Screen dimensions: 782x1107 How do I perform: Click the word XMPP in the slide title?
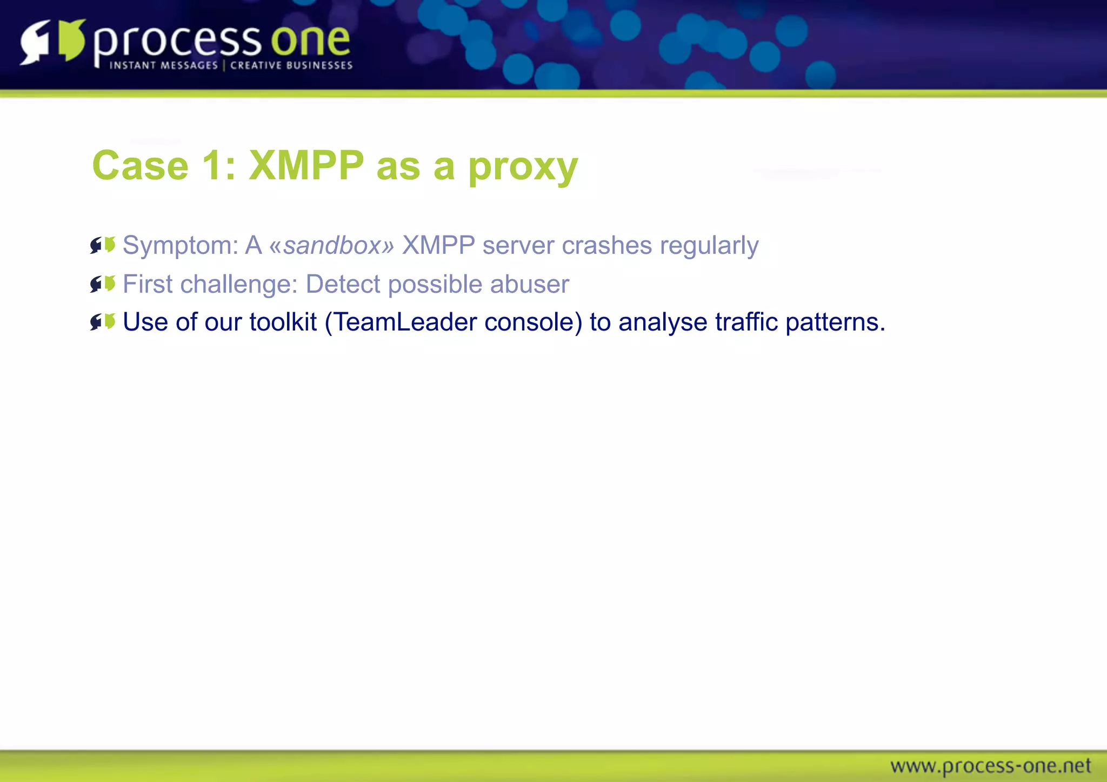coord(306,165)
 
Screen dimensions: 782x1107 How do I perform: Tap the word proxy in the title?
coord(523,167)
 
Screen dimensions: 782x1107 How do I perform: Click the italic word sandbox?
coord(332,246)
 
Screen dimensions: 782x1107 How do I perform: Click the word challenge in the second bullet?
coord(239,285)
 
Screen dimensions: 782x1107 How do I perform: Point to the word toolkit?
coord(283,322)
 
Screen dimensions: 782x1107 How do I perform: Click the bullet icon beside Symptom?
coord(103,245)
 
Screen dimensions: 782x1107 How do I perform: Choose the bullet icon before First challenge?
coord(103,284)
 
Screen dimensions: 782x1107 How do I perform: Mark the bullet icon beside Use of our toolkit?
coord(103,322)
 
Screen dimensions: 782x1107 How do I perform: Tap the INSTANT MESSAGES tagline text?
coord(163,65)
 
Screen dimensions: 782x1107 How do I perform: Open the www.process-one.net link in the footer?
coord(990,766)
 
